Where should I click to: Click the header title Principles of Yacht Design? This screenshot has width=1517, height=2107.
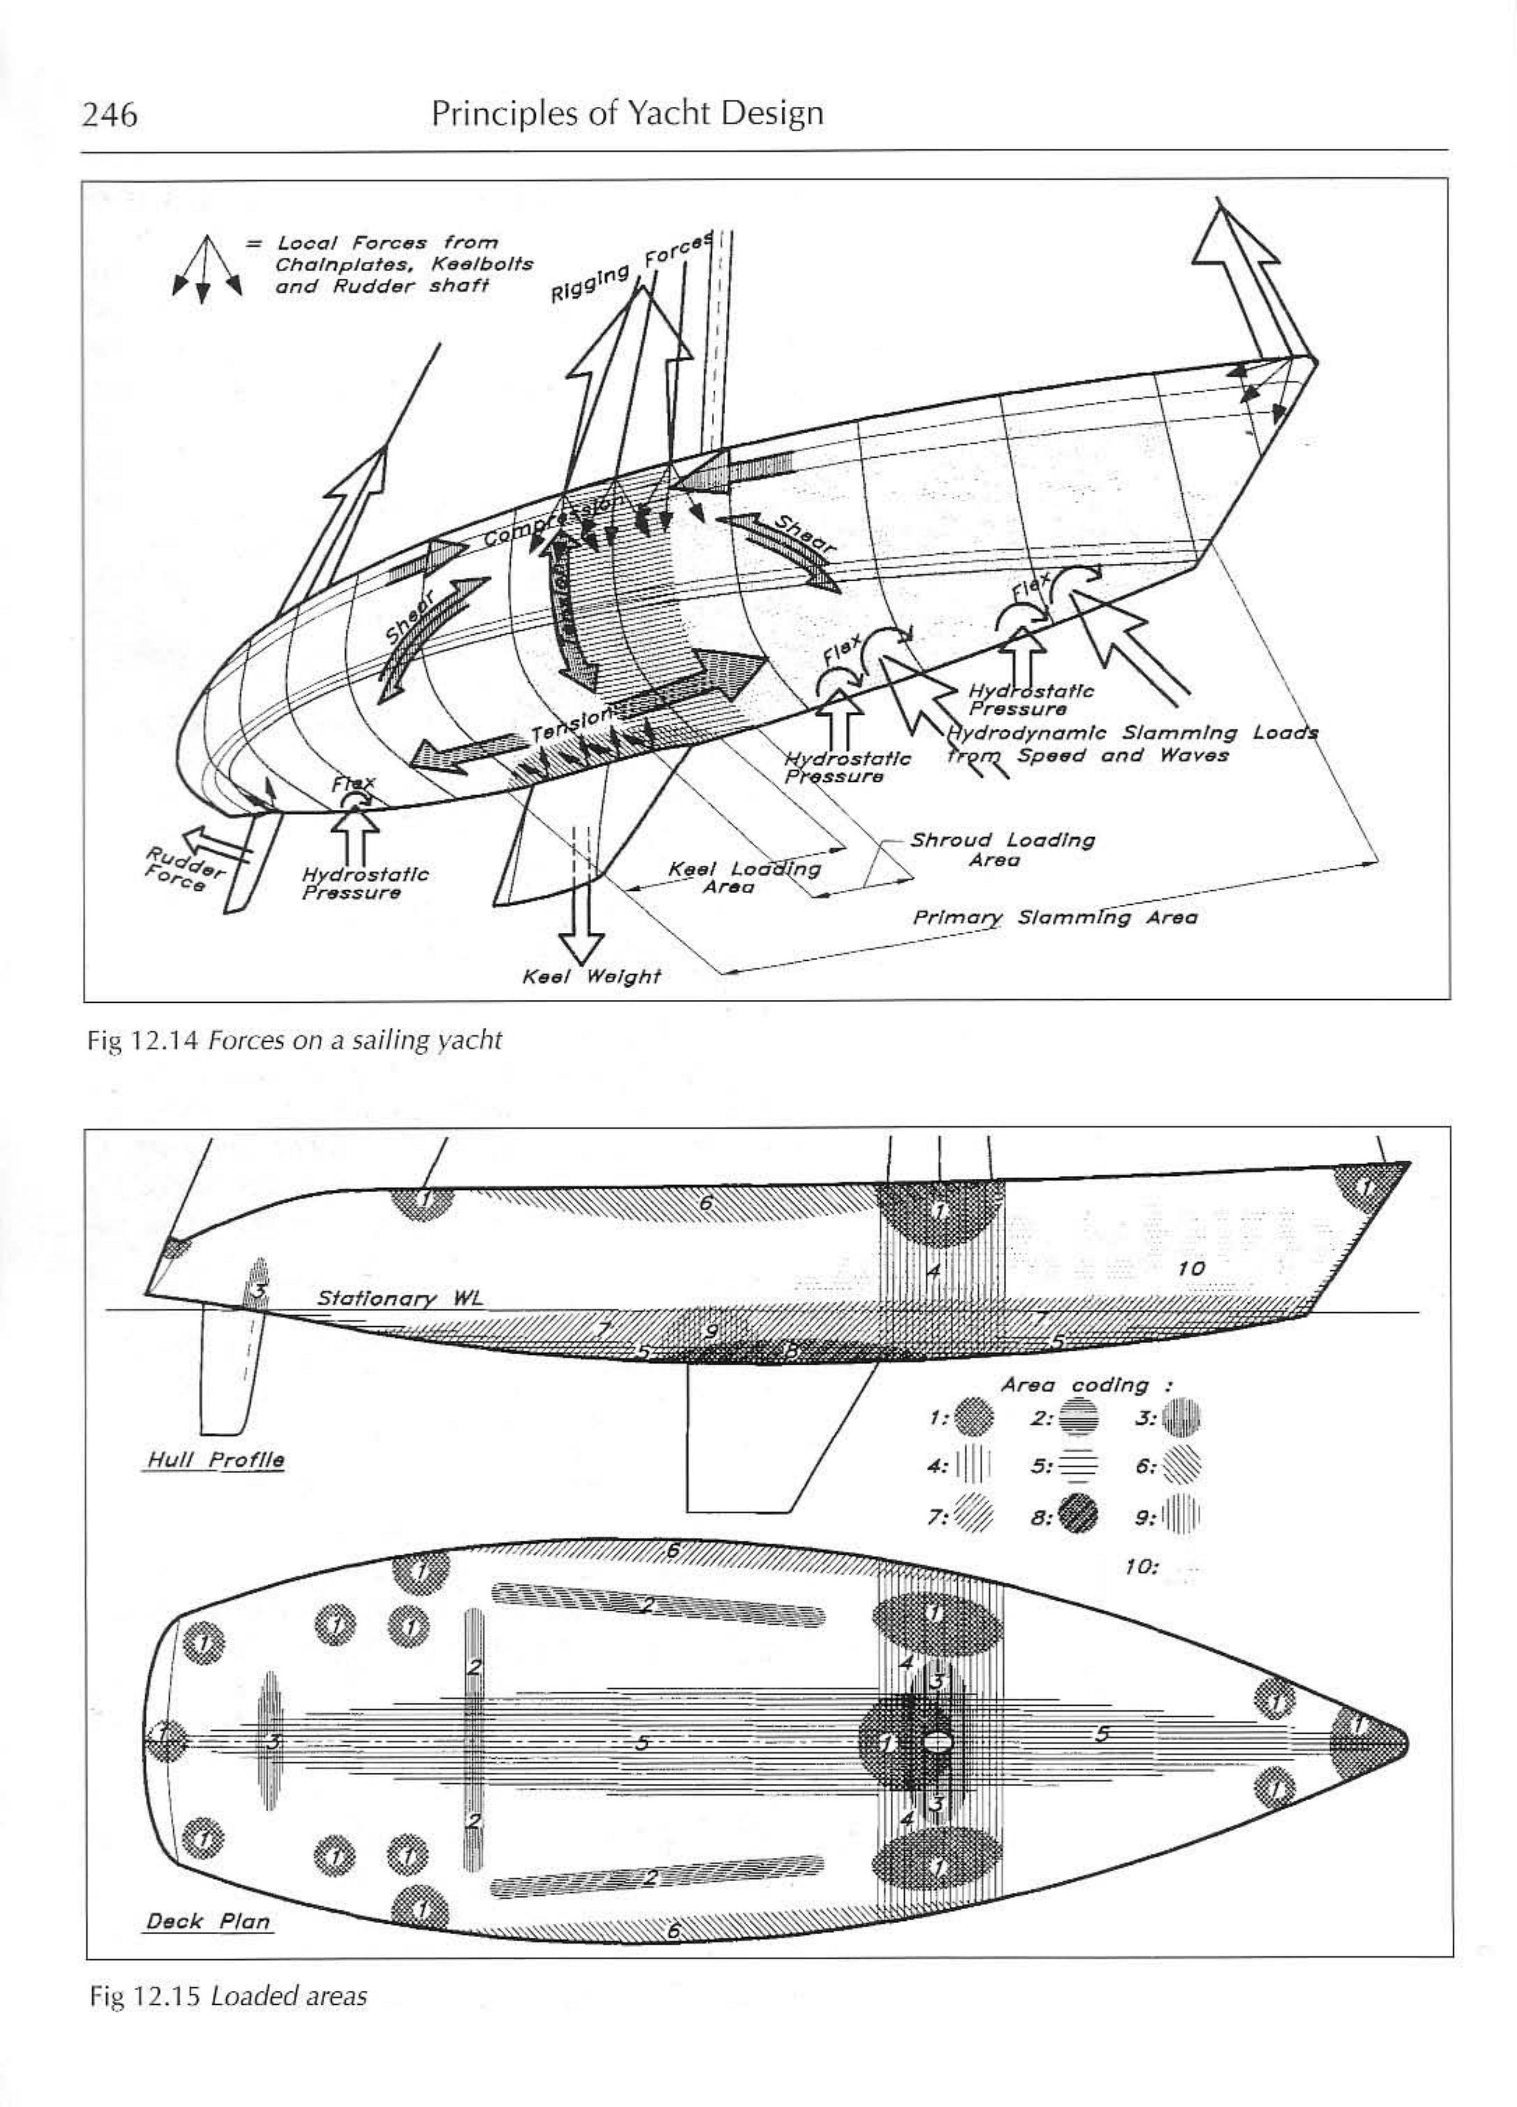(x=627, y=112)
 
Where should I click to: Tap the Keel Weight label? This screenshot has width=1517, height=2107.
(x=591, y=976)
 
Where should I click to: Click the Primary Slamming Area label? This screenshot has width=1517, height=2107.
(x=1054, y=918)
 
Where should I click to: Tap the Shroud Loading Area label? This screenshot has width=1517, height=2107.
(x=1001, y=849)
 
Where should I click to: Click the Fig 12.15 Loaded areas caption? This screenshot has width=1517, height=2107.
(x=227, y=1996)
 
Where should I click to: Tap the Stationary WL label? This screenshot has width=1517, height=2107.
(x=400, y=1298)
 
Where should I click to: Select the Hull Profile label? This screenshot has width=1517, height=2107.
(x=215, y=1459)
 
